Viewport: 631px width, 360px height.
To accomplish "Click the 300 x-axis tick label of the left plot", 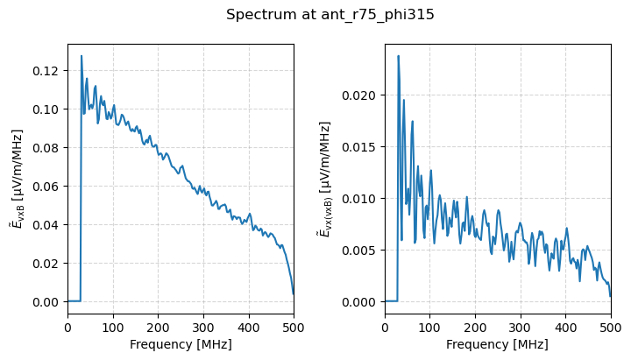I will tap(203, 327).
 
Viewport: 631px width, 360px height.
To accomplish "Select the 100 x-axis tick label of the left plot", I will tap(113, 327).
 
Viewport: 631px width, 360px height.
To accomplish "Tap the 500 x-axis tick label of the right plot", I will tap(611, 327).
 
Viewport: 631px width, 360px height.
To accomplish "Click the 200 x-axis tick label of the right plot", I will tap(475, 327).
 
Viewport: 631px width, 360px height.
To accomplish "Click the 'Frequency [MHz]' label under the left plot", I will tap(181, 344).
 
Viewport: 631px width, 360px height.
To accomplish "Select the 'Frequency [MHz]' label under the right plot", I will tap(498, 344).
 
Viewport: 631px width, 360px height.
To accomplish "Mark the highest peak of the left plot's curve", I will tap(82, 56).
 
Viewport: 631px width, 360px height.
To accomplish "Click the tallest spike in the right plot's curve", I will tap(398, 56).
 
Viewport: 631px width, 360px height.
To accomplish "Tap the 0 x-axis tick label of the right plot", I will tap(385, 327).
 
